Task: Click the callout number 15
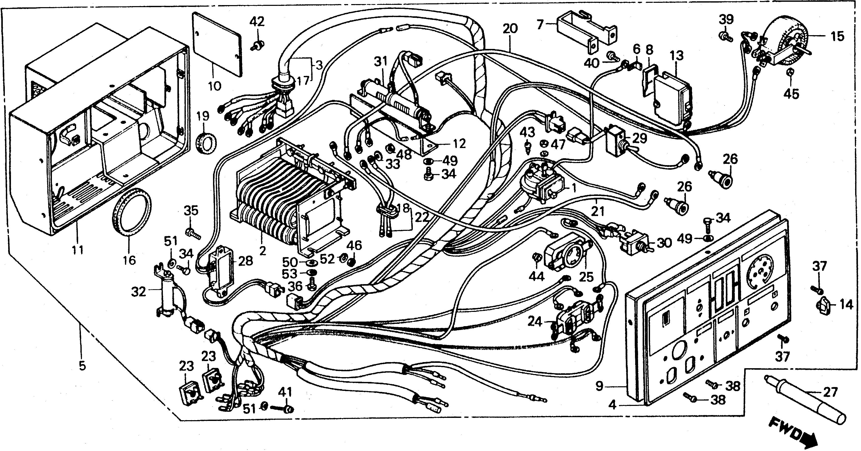pyautogui.click(x=837, y=36)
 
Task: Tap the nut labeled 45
pyautogui.click(x=791, y=81)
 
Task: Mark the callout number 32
pyautogui.click(x=139, y=292)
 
